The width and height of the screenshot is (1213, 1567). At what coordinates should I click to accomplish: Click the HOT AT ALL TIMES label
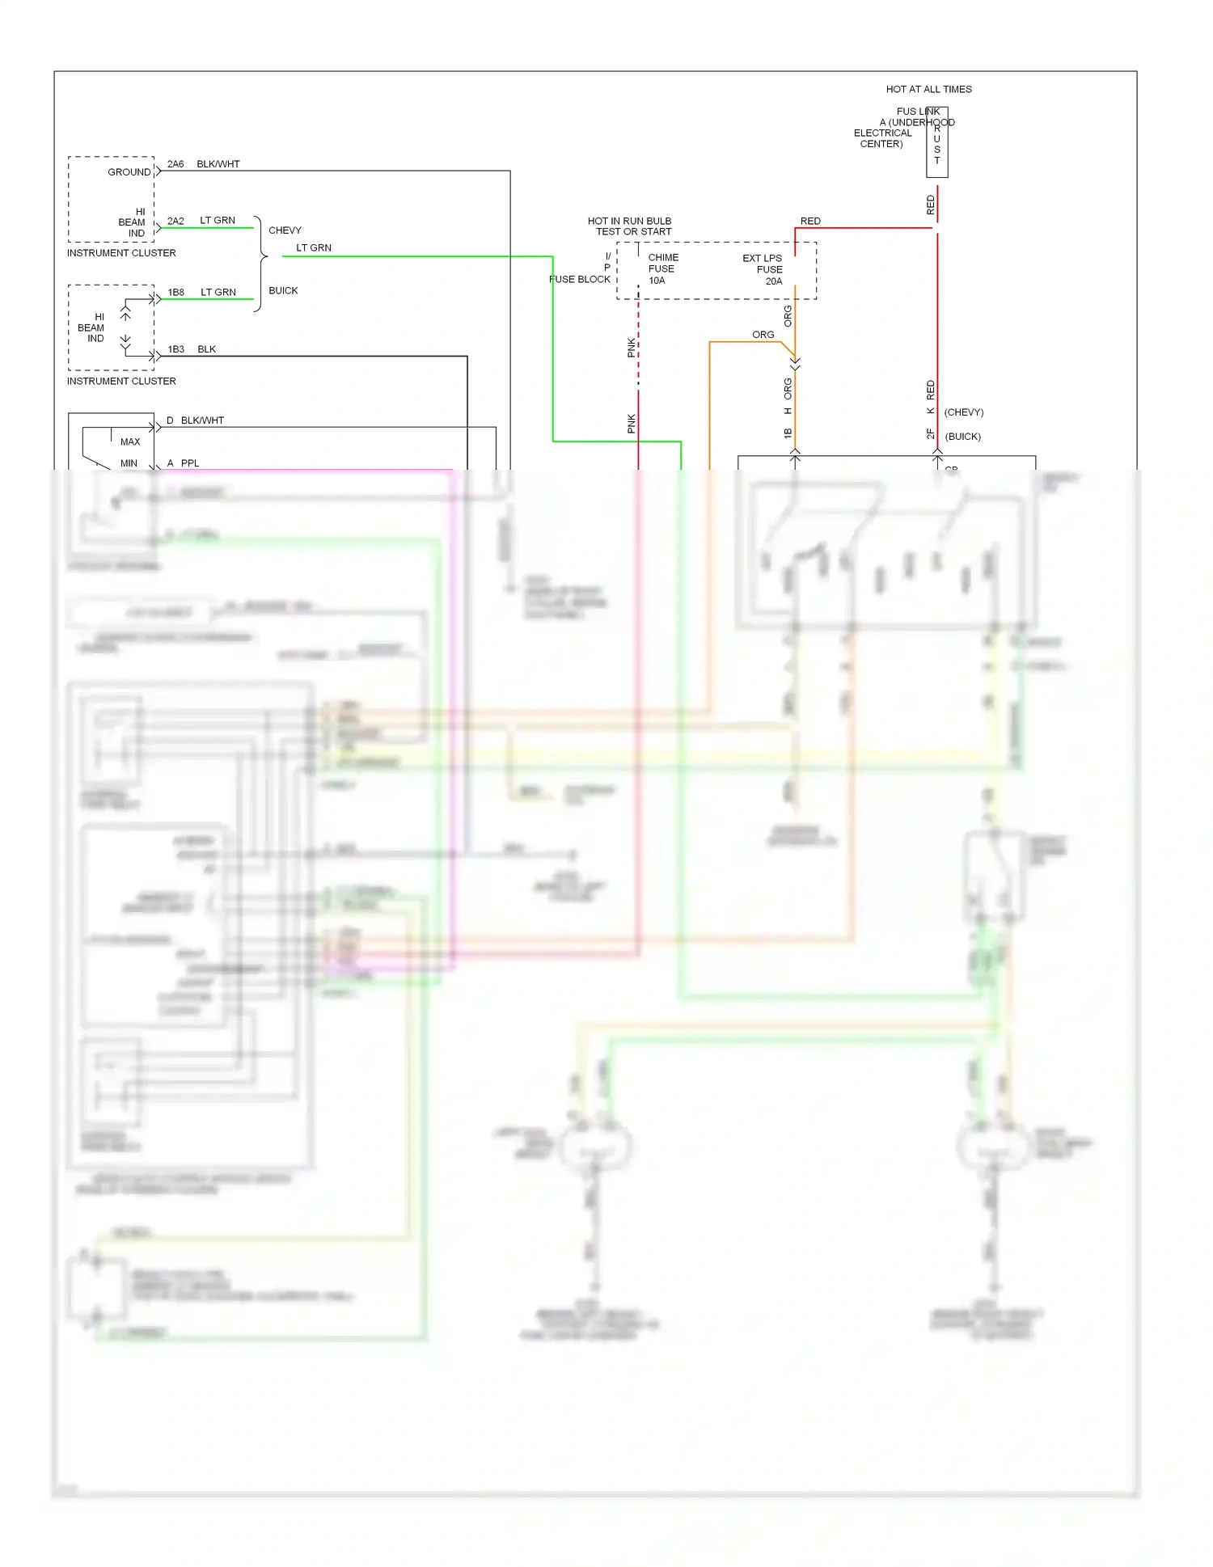coord(928,90)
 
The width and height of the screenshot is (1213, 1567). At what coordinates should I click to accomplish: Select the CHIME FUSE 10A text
coord(662,269)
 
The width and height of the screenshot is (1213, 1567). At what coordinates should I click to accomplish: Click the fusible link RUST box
coord(937,143)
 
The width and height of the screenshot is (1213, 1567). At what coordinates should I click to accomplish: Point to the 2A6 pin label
coord(175,164)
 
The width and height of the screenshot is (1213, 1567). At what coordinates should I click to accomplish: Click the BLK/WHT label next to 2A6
coord(218,164)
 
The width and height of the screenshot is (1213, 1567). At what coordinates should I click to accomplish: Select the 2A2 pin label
coord(175,221)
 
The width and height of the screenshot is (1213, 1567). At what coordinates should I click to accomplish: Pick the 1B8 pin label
coord(176,292)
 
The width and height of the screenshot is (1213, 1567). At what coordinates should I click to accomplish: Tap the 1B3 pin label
coord(176,349)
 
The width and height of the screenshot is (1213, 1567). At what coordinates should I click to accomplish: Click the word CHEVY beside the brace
coord(285,230)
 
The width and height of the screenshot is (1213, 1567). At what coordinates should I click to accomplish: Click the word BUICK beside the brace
coord(283,290)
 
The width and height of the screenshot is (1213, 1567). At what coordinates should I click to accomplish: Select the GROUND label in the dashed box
coord(129,172)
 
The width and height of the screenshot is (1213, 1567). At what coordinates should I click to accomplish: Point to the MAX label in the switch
coord(130,441)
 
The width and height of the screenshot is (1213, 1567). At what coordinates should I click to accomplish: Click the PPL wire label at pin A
coord(190,463)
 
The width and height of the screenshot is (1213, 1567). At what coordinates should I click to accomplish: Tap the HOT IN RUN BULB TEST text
coord(630,226)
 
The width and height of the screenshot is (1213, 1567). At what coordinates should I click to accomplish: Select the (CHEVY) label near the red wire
coord(964,412)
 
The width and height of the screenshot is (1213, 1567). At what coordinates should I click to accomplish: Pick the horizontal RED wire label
coord(810,221)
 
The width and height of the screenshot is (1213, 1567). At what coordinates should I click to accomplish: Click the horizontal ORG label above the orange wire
coord(763,335)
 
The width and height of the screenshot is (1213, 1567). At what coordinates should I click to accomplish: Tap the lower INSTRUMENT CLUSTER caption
coord(121,381)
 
